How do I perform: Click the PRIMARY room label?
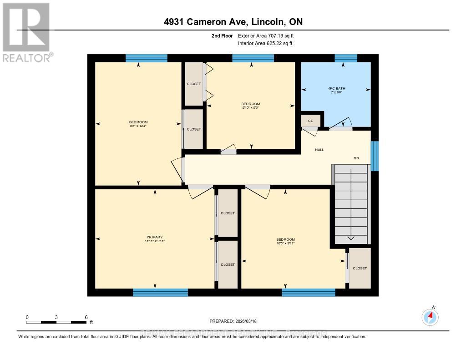155,237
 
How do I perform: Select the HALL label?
319,149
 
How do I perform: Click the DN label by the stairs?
357,158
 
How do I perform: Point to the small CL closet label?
310,121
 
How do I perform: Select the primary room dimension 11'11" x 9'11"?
155,241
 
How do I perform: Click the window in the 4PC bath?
346,58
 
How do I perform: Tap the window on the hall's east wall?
375,156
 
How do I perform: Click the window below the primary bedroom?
160,292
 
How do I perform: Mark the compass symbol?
430,317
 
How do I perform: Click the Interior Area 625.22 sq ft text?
265,43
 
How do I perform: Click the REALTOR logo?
26,32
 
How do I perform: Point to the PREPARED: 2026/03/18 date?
233,321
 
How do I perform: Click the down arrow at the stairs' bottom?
351,238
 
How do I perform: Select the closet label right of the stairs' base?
360,268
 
